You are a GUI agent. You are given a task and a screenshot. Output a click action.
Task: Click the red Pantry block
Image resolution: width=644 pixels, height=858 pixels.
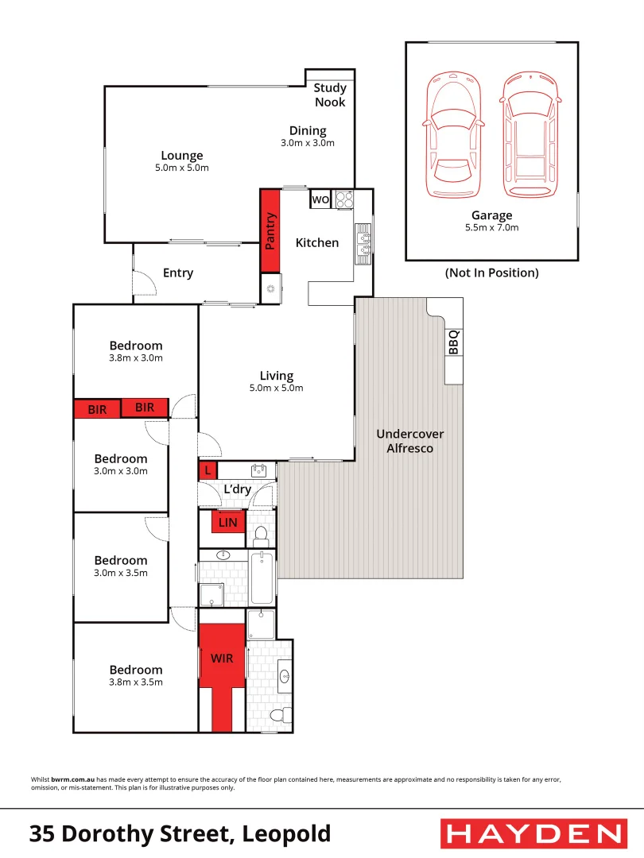point(270,230)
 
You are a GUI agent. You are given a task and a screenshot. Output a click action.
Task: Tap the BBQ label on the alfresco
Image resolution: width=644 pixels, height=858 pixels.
point(453,342)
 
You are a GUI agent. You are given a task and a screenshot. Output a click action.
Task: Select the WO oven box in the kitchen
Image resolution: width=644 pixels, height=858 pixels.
point(320,199)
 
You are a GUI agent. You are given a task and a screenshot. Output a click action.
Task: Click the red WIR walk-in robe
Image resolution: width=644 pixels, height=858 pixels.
point(222,659)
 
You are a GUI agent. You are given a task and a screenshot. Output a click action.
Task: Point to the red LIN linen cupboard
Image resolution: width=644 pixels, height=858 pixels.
point(228,523)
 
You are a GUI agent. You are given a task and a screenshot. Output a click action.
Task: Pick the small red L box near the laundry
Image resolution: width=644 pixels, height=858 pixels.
point(208,470)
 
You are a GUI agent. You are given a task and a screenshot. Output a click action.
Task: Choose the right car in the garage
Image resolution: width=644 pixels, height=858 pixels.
point(530,137)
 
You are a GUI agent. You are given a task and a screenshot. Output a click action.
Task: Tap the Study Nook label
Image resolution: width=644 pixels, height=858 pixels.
point(330,95)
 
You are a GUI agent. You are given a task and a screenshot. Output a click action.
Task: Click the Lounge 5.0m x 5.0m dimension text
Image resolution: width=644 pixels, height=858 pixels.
point(182,168)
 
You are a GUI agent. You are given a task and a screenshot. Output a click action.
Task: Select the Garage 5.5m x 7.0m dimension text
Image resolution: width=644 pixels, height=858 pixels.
point(491,227)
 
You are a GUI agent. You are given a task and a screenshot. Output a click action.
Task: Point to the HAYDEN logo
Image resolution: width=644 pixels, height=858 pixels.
point(532,833)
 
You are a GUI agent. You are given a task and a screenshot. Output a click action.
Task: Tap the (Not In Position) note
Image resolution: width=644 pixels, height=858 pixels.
point(491,272)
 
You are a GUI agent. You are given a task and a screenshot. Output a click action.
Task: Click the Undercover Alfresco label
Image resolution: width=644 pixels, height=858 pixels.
point(409,441)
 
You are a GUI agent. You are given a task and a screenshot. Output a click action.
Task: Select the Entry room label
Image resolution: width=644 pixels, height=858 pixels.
point(178,272)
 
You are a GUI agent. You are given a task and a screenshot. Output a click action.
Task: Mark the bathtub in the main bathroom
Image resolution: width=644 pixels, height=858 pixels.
point(262,580)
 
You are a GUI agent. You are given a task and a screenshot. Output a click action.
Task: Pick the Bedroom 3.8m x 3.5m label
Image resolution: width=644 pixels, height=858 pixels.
point(136,675)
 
